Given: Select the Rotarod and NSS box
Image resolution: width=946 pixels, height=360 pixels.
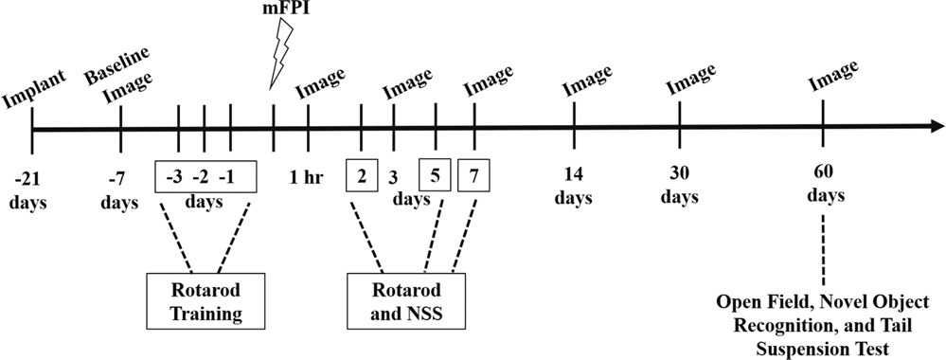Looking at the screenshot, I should coord(405,300).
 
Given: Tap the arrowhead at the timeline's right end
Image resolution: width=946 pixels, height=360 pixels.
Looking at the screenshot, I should coord(935,127).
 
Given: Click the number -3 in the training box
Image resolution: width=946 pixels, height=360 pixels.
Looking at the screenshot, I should coord(174,175).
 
